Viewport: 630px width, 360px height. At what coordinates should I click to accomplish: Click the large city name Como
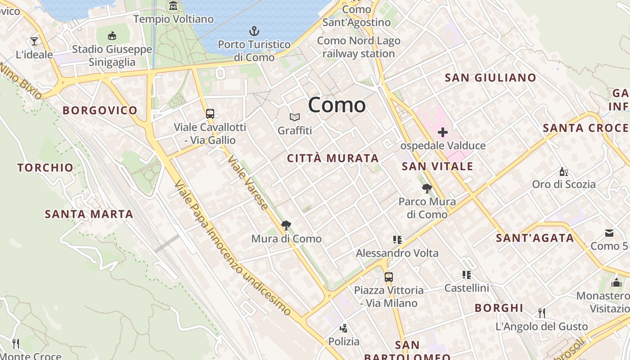(337, 105)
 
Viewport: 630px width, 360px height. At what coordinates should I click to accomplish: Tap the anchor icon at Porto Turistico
(254, 31)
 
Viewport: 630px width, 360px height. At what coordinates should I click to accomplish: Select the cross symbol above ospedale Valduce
(443, 132)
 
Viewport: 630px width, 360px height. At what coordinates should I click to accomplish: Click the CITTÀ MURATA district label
(333, 158)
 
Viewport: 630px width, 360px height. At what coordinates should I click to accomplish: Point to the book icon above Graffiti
(295, 117)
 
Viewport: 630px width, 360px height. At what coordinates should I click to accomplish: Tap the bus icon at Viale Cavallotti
(210, 114)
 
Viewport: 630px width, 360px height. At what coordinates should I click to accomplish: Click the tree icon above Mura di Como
(286, 225)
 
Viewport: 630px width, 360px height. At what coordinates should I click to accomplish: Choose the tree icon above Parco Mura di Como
(427, 189)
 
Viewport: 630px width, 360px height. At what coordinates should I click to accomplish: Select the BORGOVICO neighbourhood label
(100, 110)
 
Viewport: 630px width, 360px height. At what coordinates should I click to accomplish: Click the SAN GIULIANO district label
(490, 78)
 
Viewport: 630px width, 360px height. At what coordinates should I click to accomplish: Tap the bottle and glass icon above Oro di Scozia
(563, 171)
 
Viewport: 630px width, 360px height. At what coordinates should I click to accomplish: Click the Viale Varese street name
(248, 183)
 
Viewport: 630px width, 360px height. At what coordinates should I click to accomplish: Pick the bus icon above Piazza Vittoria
(389, 277)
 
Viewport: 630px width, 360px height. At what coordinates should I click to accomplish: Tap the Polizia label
(344, 342)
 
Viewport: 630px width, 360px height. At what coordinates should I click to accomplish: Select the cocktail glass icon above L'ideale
(34, 41)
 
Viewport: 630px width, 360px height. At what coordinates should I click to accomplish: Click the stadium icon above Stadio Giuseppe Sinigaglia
(112, 36)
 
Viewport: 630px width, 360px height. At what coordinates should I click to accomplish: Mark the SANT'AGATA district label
(535, 238)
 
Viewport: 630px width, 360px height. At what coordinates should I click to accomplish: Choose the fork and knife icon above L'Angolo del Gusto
(542, 313)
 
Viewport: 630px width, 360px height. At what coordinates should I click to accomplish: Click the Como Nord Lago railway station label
(359, 47)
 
